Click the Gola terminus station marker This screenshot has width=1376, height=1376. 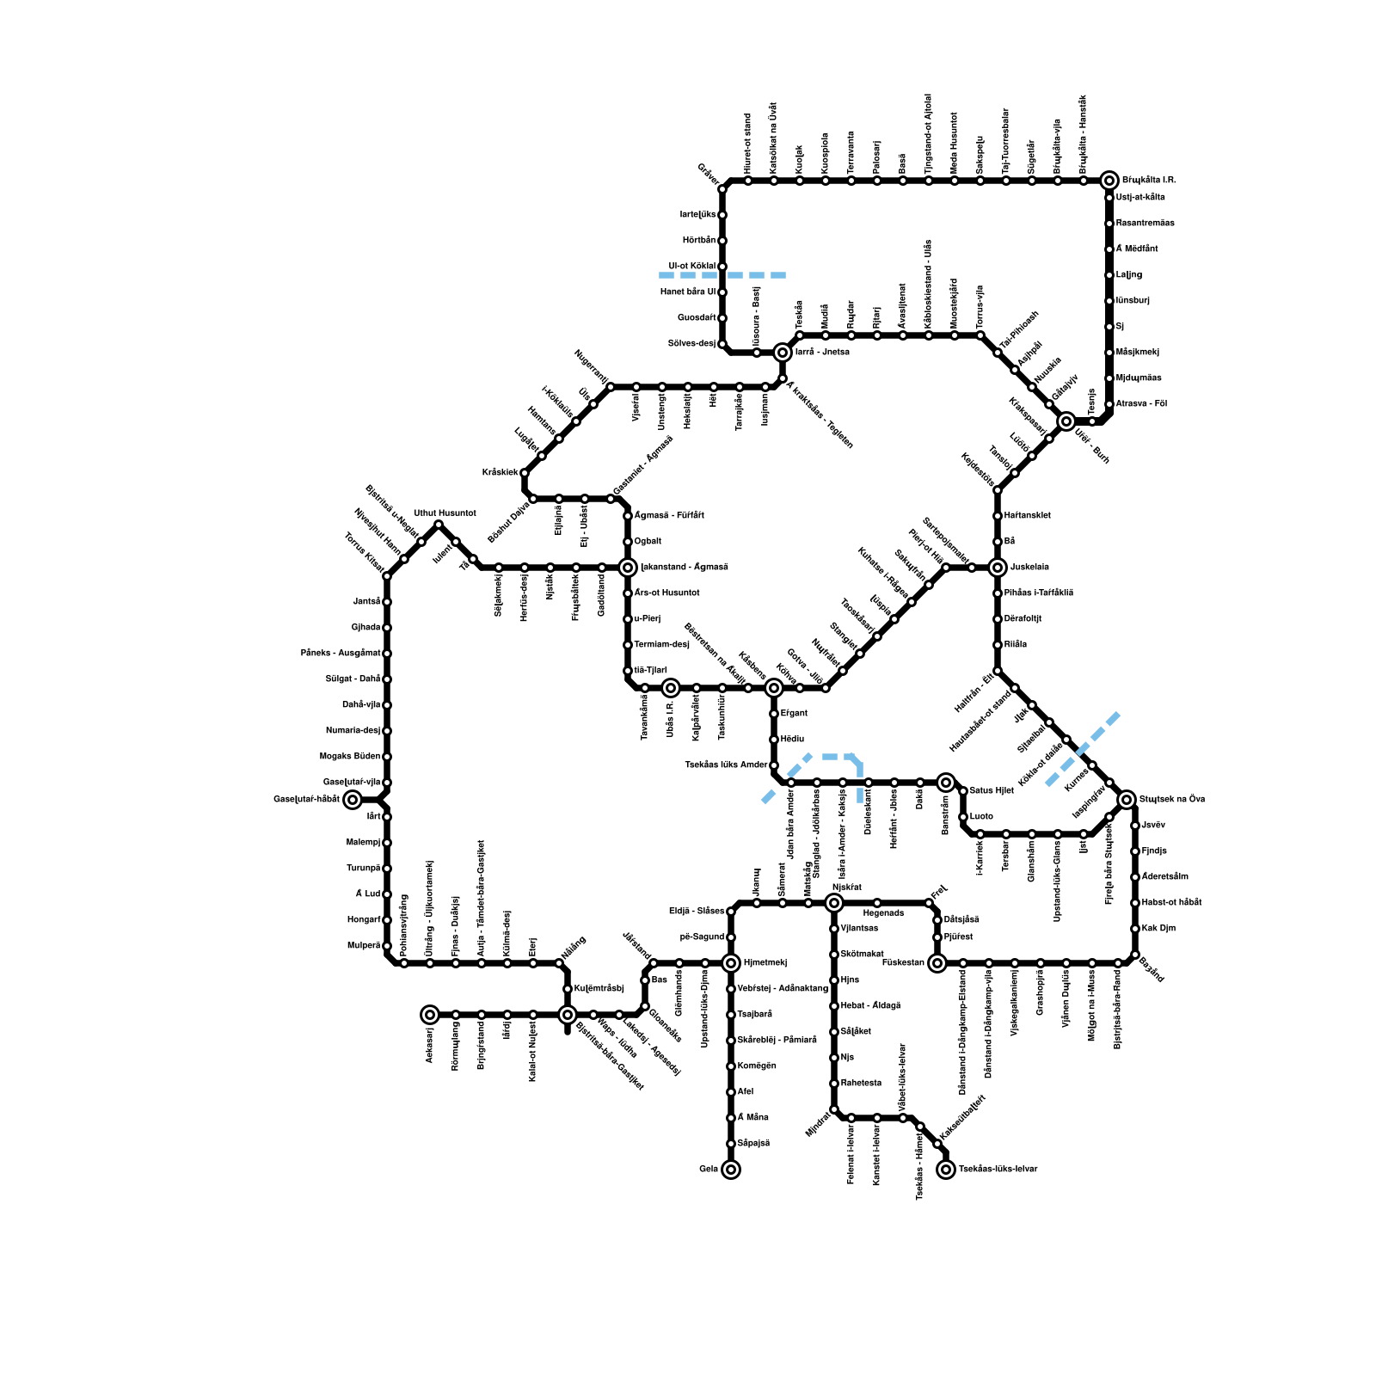(x=731, y=1170)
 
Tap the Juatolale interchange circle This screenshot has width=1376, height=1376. (x=998, y=568)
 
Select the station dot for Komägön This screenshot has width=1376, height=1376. (x=731, y=1066)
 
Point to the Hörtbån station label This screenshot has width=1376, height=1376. (x=699, y=240)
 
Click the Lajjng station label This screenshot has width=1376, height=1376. (x=1129, y=275)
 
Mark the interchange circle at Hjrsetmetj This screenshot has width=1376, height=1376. (x=731, y=963)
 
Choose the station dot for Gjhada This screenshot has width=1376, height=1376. (x=387, y=628)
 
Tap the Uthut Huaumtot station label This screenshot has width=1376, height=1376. (x=445, y=513)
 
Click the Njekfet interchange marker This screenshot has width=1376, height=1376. (x=834, y=903)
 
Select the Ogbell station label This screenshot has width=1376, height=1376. (x=648, y=542)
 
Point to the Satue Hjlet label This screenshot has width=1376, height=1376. (x=992, y=790)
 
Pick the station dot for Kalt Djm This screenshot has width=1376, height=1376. (x=1135, y=929)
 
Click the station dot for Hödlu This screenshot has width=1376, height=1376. (x=774, y=740)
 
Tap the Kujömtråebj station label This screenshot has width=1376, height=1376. (x=599, y=989)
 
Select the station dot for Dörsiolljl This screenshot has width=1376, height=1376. (x=998, y=619)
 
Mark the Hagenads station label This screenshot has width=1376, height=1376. (x=882, y=913)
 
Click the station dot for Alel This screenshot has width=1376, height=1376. (x=731, y=1092)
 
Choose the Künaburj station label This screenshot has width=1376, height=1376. (x=1133, y=301)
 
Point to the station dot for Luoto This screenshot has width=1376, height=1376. (x=963, y=817)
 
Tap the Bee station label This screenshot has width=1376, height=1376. (x=660, y=980)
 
